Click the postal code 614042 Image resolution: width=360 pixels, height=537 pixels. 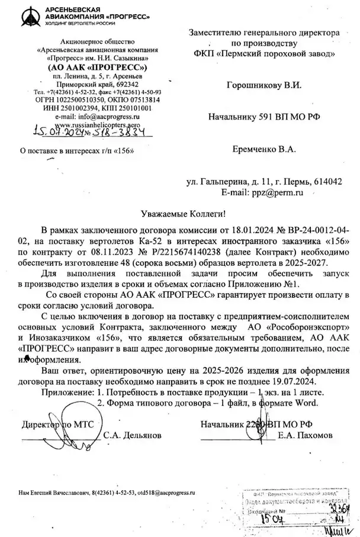[x=327, y=182]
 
